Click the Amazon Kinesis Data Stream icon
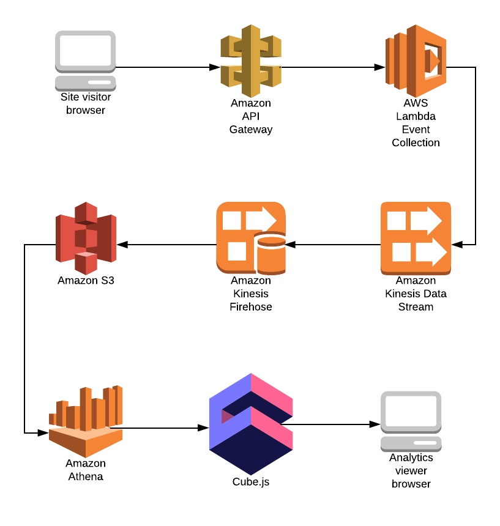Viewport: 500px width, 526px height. (416, 237)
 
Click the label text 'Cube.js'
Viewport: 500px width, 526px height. (250, 482)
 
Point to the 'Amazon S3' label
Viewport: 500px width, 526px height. (86, 281)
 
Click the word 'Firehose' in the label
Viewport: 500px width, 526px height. (250, 306)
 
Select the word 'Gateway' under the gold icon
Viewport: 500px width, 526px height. (250, 130)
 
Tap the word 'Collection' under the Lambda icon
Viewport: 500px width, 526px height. (416, 143)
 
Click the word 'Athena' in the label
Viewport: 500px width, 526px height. (86, 476)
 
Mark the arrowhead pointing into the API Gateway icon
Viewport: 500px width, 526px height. (215, 67)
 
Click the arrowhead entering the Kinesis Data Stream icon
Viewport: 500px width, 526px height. (456, 245)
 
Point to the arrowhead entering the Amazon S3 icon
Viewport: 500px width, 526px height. (121, 245)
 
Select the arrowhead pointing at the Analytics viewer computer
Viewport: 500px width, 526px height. (375, 423)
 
